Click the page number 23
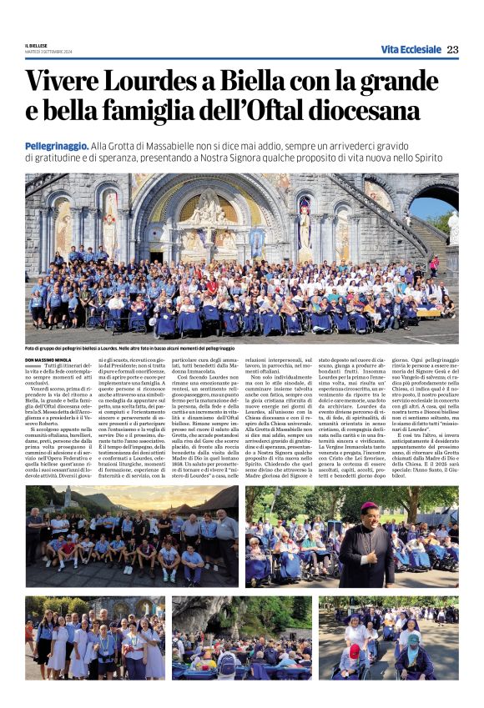452,50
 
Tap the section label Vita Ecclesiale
411,50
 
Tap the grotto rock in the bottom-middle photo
209,617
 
